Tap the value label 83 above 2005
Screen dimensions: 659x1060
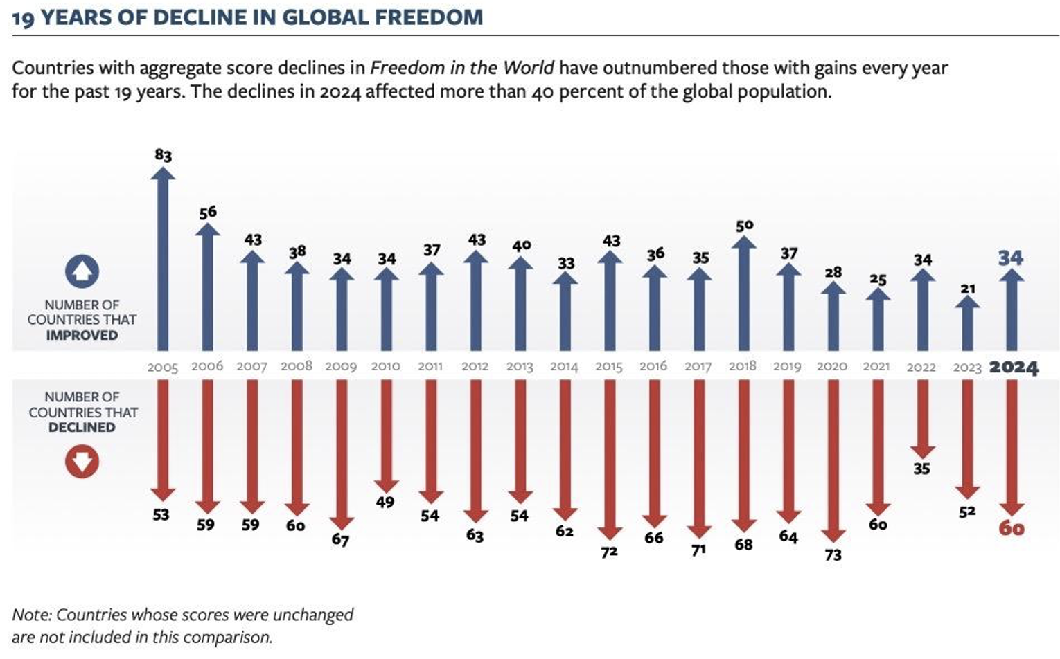click(163, 155)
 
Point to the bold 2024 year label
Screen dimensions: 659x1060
click(1013, 367)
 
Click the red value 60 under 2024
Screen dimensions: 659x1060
click(1012, 529)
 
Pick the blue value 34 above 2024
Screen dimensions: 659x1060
click(1010, 258)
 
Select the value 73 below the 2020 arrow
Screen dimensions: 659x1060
click(833, 555)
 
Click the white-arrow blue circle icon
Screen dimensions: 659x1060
click(82, 271)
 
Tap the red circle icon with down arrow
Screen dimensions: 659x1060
click(82, 462)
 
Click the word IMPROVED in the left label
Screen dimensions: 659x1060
click(82, 335)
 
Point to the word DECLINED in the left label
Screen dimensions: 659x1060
click(82, 427)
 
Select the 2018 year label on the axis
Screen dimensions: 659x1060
click(742, 365)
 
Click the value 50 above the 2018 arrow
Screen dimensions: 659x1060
click(744, 226)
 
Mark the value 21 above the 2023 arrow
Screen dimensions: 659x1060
click(968, 288)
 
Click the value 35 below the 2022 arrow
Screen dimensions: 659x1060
click(921, 469)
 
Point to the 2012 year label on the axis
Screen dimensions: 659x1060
click(475, 365)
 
